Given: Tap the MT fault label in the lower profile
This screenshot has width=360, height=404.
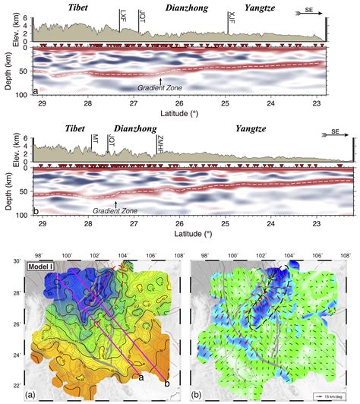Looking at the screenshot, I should coord(96,140).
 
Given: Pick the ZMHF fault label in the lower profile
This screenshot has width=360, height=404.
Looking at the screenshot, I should coord(159,142).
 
